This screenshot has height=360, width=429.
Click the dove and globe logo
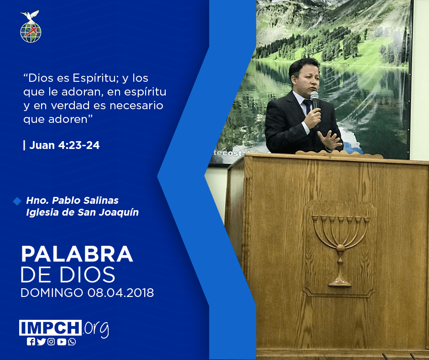pyautogui.click(x=31, y=26)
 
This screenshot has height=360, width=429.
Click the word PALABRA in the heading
pyautogui.click(x=77, y=254)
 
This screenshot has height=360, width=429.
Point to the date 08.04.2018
pyautogui.click(x=120, y=292)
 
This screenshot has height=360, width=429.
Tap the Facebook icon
pyautogui.click(x=31, y=342)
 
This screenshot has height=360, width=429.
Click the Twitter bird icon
pyautogui.click(x=41, y=342)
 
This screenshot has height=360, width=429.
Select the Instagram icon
pyautogui.click(x=51, y=342)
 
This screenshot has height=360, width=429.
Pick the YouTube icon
pyautogui.click(x=62, y=342)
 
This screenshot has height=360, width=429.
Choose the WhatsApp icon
pyautogui.click(x=72, y=342)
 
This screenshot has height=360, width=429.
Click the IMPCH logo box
pyautogui.click(x=50, y=328)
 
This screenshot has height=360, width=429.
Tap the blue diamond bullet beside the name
pyautogui.click(x=17, y=201)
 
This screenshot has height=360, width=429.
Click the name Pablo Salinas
pyautogui.click(x=85, y=200)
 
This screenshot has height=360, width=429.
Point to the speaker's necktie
pyautogui.click(x=308, y=106)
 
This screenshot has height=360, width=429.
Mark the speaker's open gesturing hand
pyautogui.click(x=330, y=140)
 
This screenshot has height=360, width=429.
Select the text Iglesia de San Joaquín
pyautogui.click(x=82, y=212)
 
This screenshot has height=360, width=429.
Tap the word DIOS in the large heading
pyautogui.click(x=88, y=275)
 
